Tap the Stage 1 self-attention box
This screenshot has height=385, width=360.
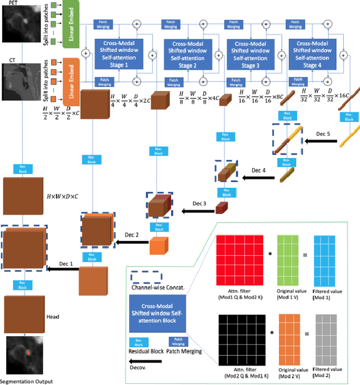pos(119,53)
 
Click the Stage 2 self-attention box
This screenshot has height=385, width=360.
pos(183,53)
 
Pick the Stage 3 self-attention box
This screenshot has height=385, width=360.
pos(247,53)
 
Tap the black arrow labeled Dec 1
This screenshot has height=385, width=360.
pos(61,269)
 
